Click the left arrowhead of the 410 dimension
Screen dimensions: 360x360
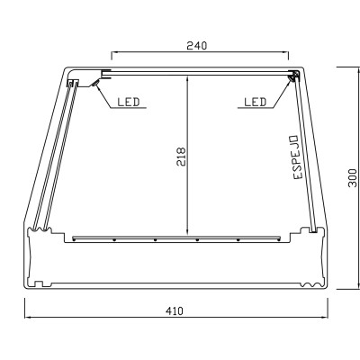pos(27,317)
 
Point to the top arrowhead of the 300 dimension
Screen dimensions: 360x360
pos(344,68)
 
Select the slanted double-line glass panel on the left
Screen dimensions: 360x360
pos(54,153)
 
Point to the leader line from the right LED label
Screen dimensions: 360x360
pos(280,94)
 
